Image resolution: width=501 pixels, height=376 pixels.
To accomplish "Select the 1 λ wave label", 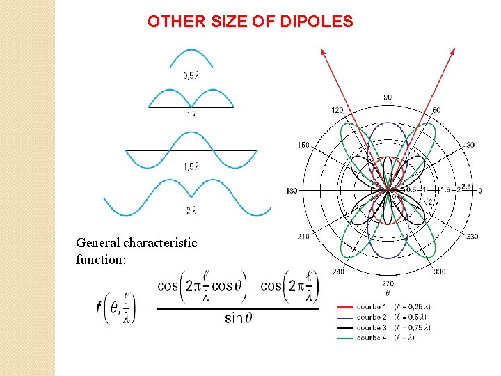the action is [191, 115].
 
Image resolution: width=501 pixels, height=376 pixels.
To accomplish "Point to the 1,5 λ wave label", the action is [191, 166].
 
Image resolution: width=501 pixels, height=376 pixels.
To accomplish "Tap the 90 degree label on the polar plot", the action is [388, 97].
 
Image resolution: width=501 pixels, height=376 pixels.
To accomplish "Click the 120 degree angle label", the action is [337, 110].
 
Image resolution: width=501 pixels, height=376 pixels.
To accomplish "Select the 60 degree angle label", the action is [436, 110].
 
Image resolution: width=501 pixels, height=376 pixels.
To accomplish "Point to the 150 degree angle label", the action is [304, 145].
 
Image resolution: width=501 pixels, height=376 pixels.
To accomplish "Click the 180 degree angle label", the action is [292, 191].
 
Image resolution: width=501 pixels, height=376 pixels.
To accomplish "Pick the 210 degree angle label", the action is [304, 237].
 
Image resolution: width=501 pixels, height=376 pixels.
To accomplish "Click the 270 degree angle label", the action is [388, 284].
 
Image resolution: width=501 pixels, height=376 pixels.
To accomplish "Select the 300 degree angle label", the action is [439, 272].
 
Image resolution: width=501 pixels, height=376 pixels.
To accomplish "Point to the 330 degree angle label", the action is [472, 237].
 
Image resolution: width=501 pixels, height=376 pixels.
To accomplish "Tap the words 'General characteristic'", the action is [136, 243].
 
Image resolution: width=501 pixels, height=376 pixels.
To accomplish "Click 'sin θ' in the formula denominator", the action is [234, 318].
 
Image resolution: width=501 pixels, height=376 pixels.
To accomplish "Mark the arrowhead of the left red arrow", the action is [322, 52].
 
